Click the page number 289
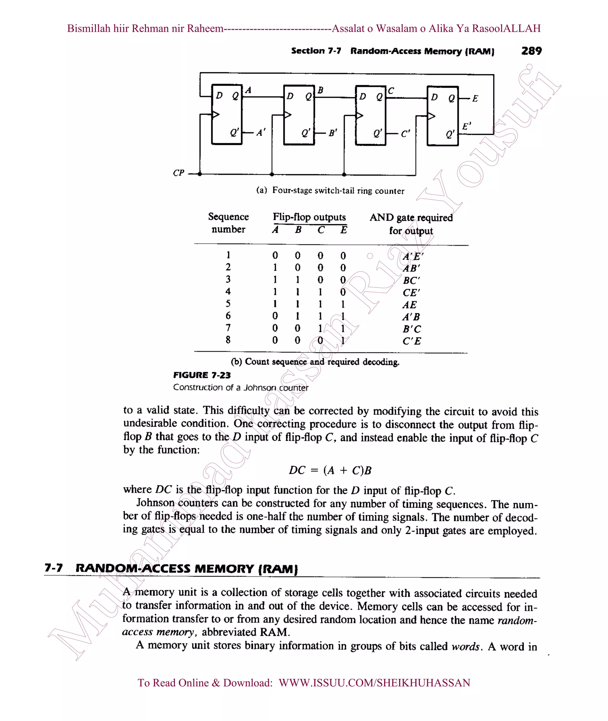tap(531, 51)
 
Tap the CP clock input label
tap(178, 173)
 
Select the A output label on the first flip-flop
tap(248, 90)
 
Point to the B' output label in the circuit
tap(332, 133)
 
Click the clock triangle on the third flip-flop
tap(360, 115)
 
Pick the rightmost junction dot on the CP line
tap(344, 175)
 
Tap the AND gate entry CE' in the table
tap(411, 293)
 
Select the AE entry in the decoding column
tap(409, 305)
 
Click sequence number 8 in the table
tap(228, 340)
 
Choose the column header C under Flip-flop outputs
tap(321, 230)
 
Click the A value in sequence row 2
tap(275, 268)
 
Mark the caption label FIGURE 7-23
tap(202, 375)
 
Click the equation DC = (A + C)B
tap(330, 470)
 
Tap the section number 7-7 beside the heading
tap(54, 568)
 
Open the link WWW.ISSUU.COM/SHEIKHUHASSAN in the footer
tap(374, 683)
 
